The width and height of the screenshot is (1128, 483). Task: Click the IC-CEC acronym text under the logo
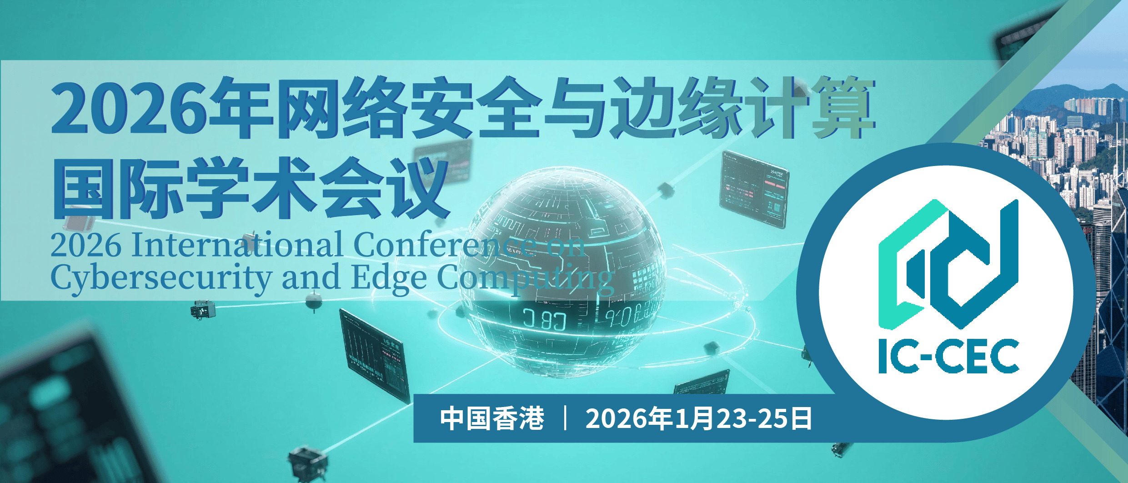[x=949, y=356]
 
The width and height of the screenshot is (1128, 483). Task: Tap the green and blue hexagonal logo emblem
[x=948, y=264]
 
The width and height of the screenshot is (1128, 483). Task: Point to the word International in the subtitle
[x=237, y=245]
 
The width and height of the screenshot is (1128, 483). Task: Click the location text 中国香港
[x=492, y=418]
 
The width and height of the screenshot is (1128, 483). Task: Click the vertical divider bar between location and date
[x=565, y=418]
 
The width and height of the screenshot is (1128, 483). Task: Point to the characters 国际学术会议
[x=251, y=187]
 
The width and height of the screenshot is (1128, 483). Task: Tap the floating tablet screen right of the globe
[x=754, y=189]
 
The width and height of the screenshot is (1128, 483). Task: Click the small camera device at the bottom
[x=308, y=463]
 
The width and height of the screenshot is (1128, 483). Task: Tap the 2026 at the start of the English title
[x=86, y=245]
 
